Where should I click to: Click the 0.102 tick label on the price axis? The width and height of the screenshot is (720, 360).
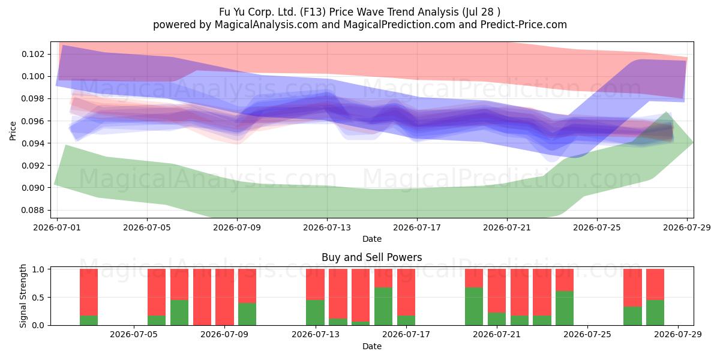tap(33, 54)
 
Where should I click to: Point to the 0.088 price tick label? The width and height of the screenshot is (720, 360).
tap(33, 210)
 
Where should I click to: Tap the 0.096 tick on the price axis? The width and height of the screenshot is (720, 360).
tap(33, 121)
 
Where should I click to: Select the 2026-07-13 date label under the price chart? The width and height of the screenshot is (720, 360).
tap(327, 227)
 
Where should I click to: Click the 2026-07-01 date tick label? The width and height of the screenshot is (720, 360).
tap(57, 227)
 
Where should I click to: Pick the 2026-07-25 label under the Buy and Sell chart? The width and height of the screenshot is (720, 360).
tap(587, 334)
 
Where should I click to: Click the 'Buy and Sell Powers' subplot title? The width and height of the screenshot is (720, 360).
tap(371, 257)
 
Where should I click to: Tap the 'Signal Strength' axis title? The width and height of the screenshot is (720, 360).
tap(23, 296)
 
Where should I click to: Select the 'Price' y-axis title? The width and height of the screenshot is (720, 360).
tap(13, 131)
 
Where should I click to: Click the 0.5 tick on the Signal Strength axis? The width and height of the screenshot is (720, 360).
tap(38, 298)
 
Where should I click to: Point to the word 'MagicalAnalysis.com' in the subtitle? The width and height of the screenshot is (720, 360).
tap(266, 25)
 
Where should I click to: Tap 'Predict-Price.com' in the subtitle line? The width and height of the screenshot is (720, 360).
tap(524, 25)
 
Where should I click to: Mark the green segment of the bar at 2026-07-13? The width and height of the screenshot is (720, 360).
tap(316, 313)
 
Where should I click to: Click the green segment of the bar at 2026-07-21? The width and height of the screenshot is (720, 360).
tap(497, 319)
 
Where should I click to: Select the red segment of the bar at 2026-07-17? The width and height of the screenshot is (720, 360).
tap(406, 292)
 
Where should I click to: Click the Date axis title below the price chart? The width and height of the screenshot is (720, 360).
tap(372, 239)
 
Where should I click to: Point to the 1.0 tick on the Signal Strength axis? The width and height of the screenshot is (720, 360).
tap(38, 269)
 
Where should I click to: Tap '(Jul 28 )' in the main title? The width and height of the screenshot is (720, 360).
tap(481, 12)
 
